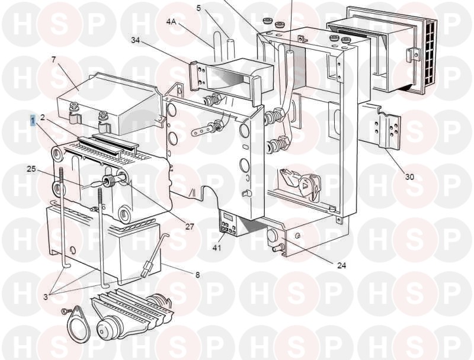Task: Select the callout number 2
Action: point(43,117)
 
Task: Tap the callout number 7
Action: point(54,60)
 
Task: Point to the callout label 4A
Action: point(171,22)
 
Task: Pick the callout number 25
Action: point(31,169)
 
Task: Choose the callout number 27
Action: point(190,227)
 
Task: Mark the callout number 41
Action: point(217,248)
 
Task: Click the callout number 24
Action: point(342,265)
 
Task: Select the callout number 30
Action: point(409,176)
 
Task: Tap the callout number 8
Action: point(197,275)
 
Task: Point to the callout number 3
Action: point(46,297)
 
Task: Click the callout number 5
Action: point(198,8)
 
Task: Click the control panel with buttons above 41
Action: point(228,223)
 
